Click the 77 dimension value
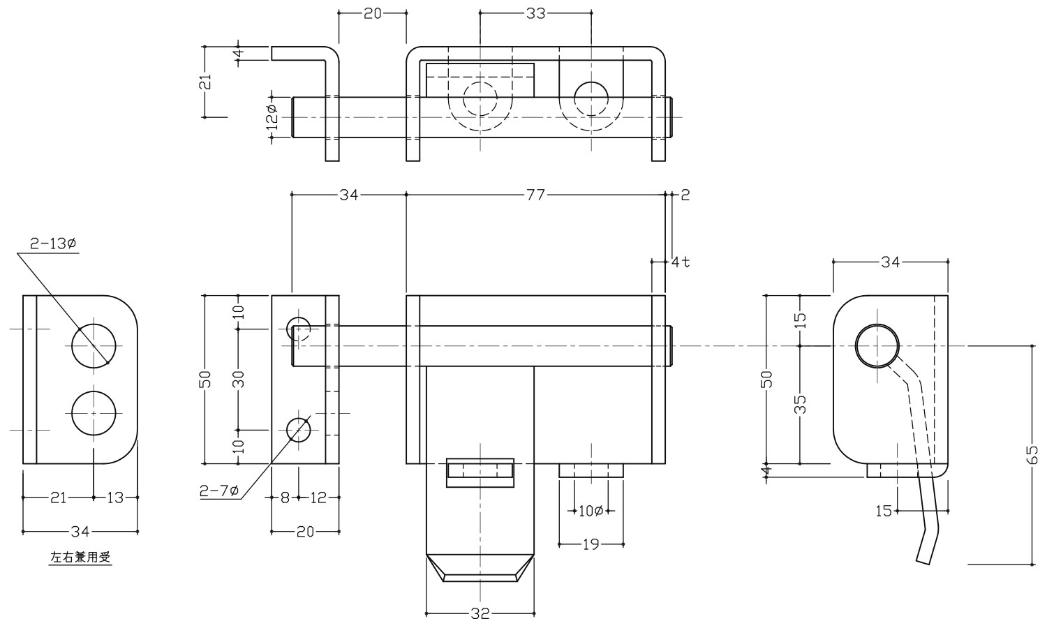coord(534,195)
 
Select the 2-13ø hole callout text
coord(53,244)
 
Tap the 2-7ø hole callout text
coord(219,492)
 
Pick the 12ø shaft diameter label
coord(272,117)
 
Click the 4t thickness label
coord(681,262)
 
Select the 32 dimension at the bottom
coord(480,614)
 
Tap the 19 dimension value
coord(591,544)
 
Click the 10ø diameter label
coord(591,511)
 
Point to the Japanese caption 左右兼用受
coord(81,558)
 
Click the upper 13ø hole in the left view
coord(94,346)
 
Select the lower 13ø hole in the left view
coord(94,413)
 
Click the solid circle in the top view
coord(591,97)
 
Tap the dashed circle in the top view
coord(480,98)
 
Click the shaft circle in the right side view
coord(877,346)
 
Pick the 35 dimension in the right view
coord(801,405)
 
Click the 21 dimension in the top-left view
coord(205,82)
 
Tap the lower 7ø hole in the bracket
coord(299,429)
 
